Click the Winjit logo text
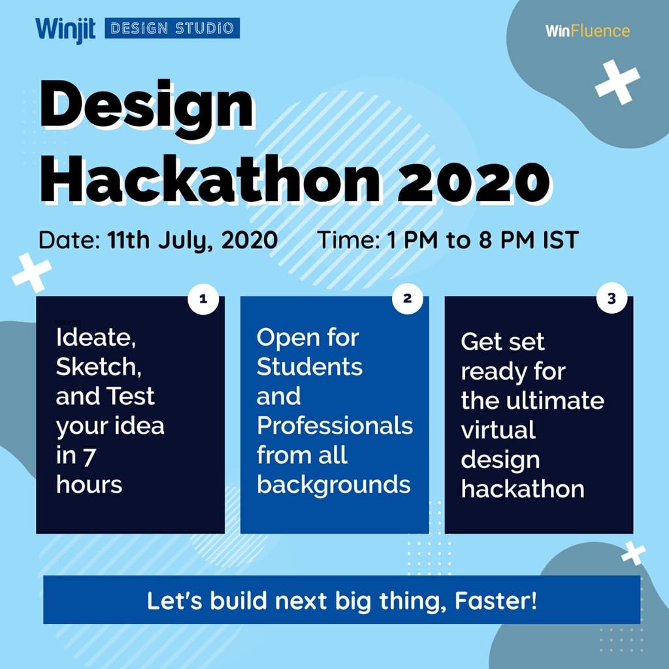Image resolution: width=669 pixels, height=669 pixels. tap(65, 29)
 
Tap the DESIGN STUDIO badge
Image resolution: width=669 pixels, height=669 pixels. tap(172, 28)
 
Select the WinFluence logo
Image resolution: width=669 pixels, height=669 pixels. tap(587, 31)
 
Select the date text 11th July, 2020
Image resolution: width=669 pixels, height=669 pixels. tap(193, 240)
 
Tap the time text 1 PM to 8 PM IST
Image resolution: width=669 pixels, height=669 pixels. tap(482, 240)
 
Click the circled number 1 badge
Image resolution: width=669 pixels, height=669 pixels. tap(203, 299)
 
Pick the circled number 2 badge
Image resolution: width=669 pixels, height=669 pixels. tap(408, 299)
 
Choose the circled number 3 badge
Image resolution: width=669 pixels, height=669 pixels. tap(612, 299)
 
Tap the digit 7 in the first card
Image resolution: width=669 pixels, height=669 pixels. tap(89, 456)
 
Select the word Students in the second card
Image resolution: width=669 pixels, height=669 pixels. tap(309, 367)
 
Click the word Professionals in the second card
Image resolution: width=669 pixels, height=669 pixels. tap(334, 426)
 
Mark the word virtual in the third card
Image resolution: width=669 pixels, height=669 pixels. tap(498, 430)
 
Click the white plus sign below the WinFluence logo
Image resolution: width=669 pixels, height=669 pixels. tap(617, 82)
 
